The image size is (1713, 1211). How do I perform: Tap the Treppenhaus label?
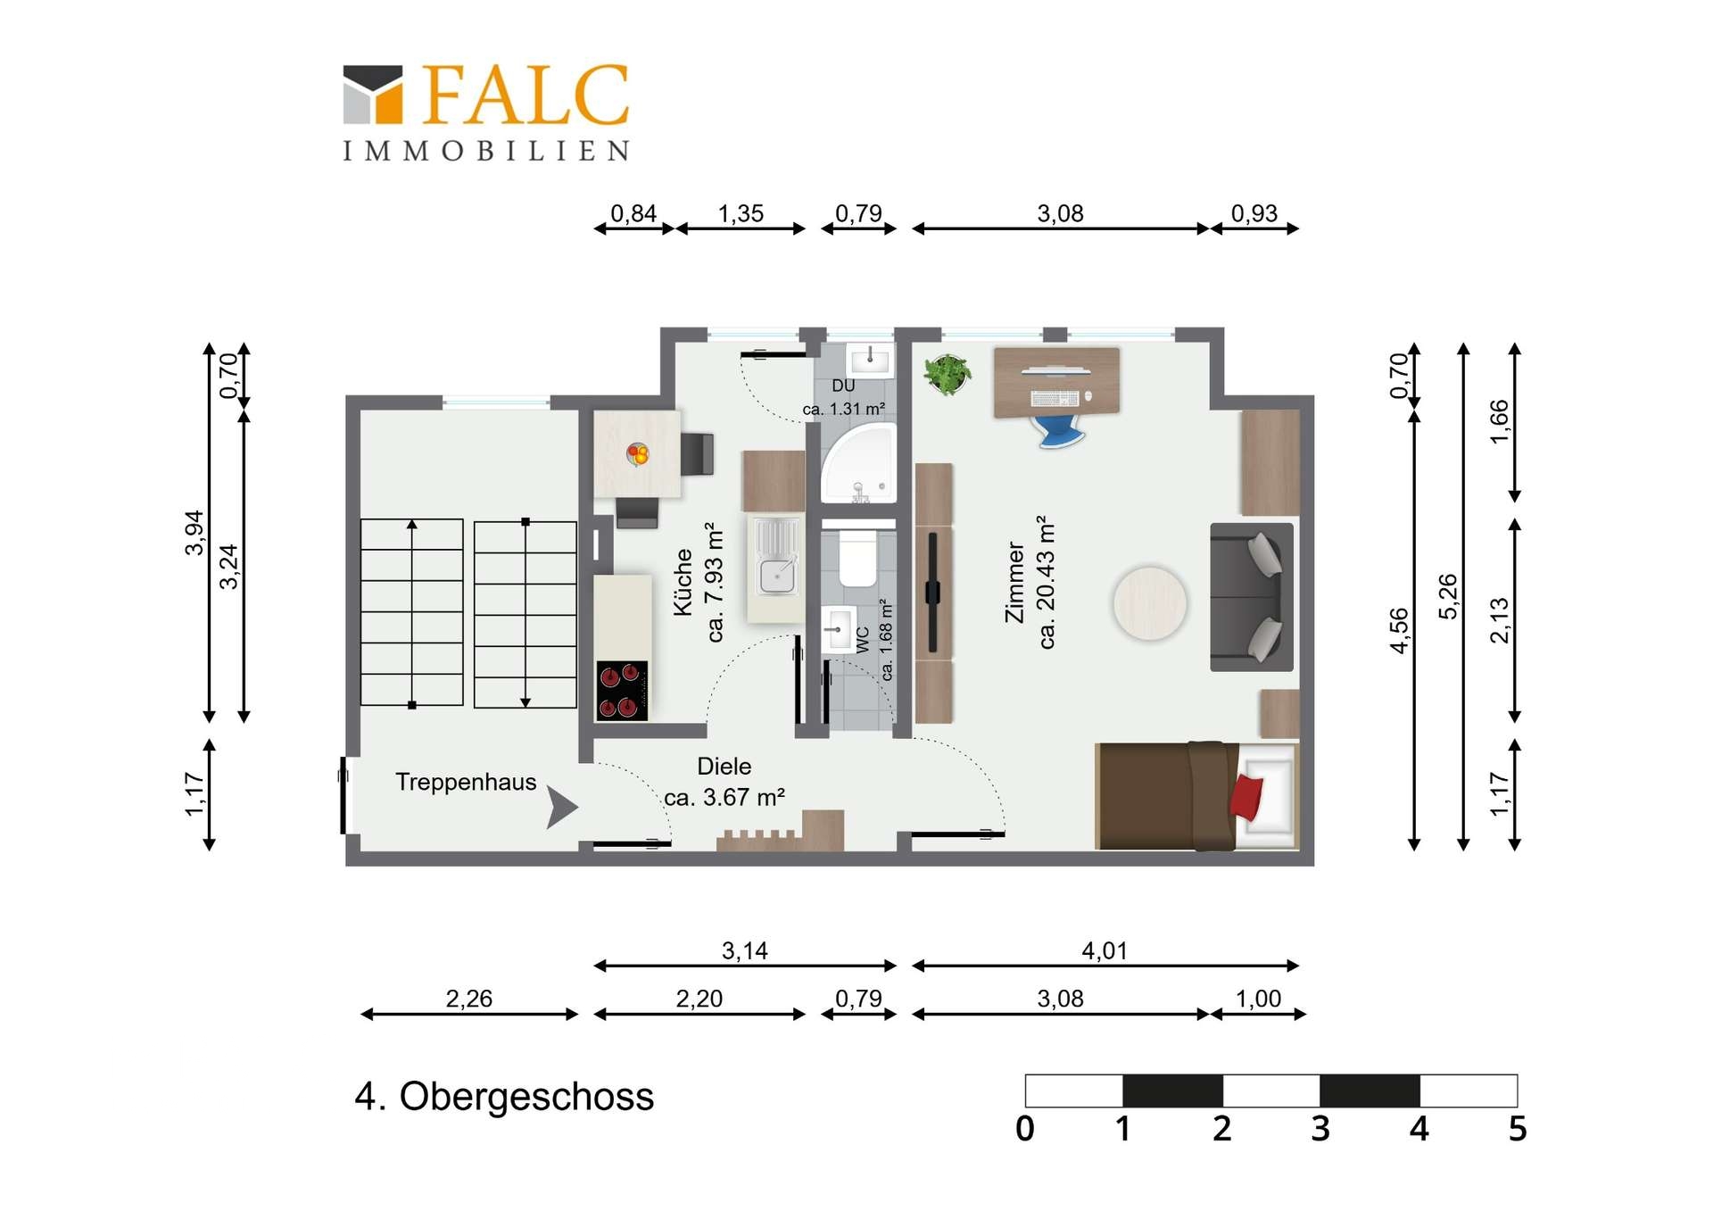coord(466,783)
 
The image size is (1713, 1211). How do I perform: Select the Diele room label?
coord(724,767)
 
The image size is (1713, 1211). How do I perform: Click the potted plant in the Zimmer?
coord(948,374)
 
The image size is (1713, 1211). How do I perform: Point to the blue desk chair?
coord(1061,432)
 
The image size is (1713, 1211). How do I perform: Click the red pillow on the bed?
coord(1246,797)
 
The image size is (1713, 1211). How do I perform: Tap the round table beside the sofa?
coord(1150,604)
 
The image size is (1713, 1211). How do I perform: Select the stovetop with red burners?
coord(622,691)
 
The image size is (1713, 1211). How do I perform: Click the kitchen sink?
coord(777,556)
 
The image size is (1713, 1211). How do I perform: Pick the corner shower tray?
coord(857,462)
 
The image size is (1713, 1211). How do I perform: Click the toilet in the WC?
coord(857,558)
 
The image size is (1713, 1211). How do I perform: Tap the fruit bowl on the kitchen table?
coord(638,454)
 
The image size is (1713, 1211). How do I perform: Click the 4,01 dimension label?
coord(1105,951)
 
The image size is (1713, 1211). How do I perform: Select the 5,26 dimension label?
coord(1448,596)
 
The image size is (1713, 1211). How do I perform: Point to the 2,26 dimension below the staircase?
coord(469,999)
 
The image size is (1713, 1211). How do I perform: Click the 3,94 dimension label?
coord(194,533)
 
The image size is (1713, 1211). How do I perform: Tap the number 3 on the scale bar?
coord(1320,1129)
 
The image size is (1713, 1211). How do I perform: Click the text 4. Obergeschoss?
coord(504,1097)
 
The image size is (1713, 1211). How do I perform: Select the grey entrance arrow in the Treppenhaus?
coord(561,807)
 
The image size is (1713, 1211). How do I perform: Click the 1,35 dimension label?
coord(741,214)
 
